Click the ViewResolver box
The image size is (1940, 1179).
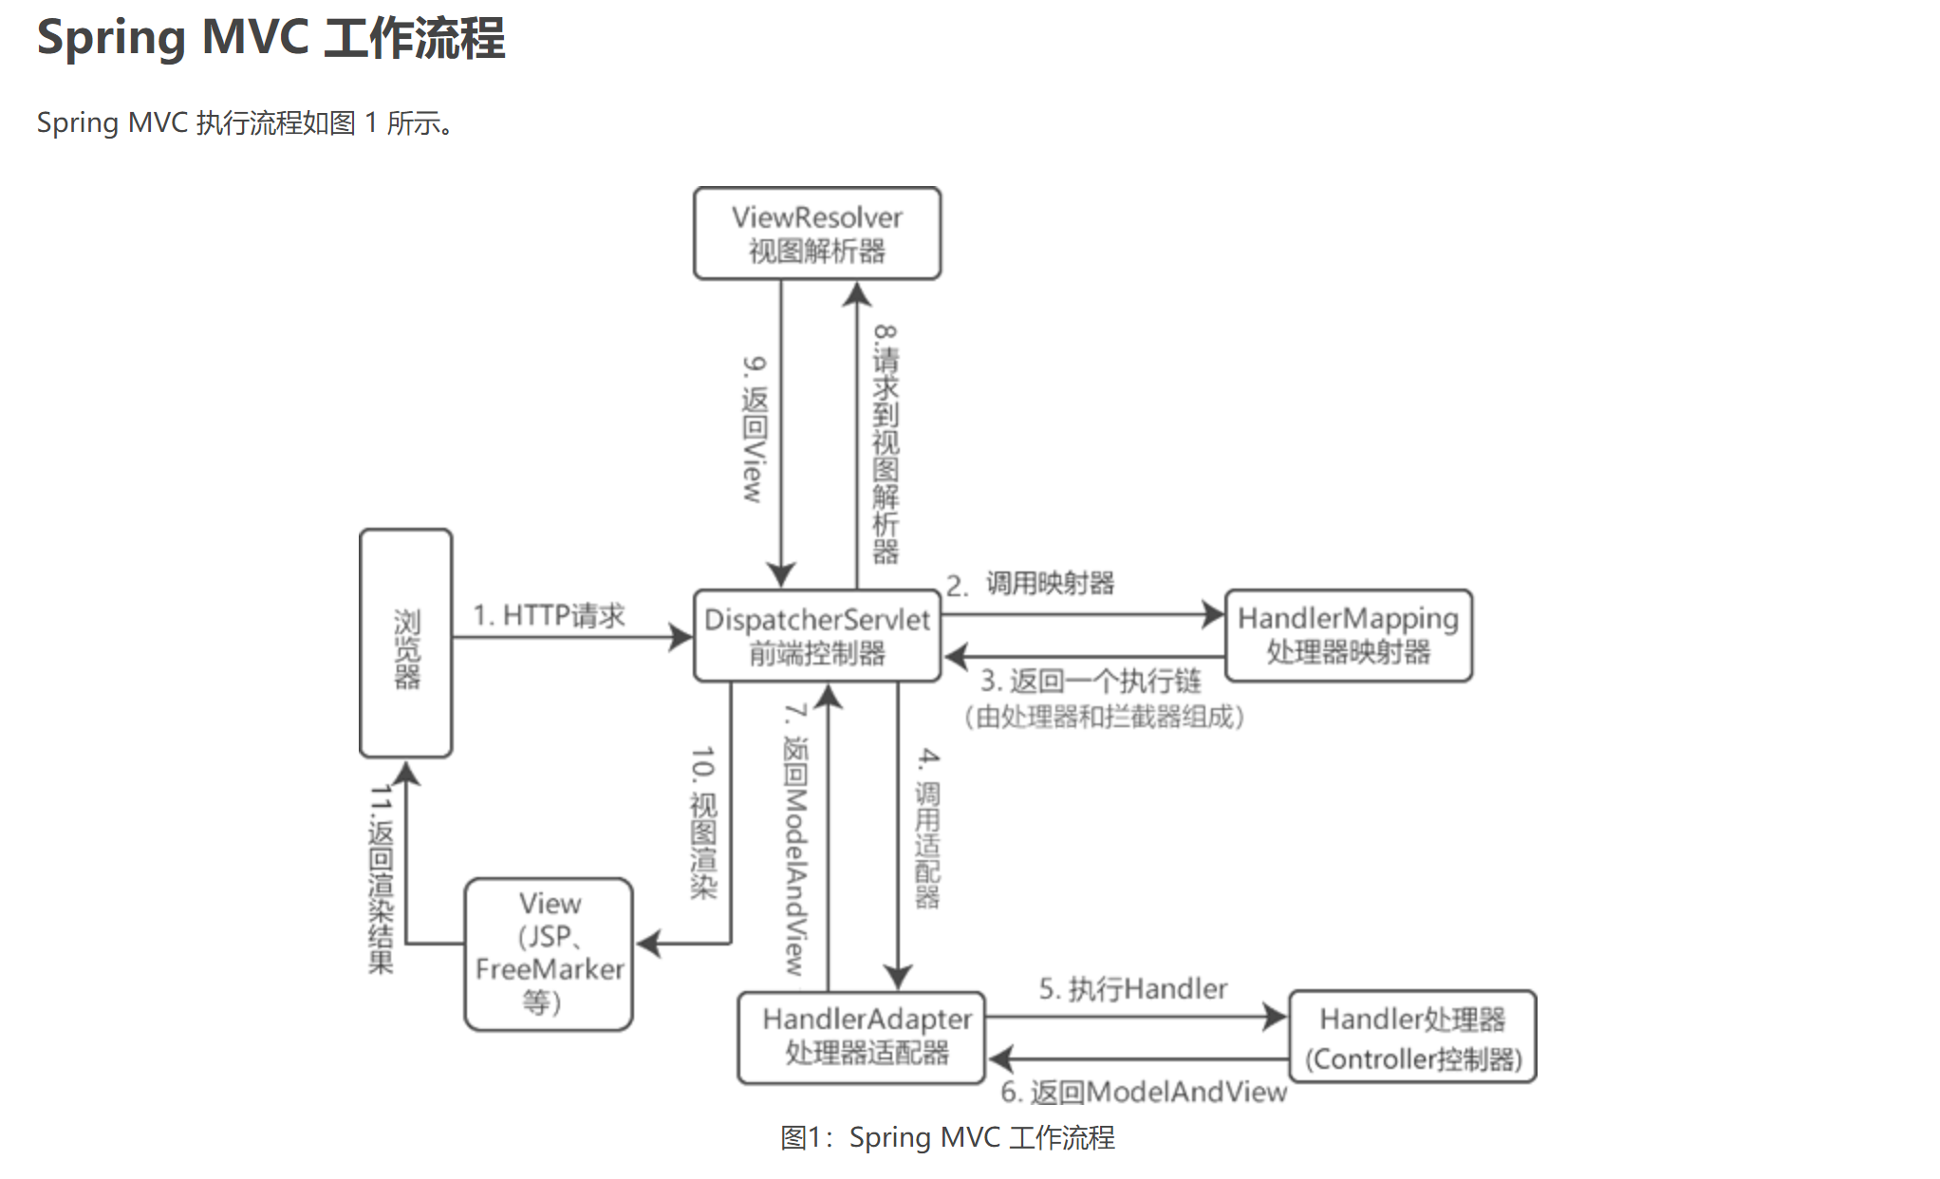point(816,234)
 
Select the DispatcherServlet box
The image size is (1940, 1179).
point(816,635)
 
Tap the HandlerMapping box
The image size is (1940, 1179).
point(1348,635)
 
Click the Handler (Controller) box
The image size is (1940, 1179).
point(1412,1037)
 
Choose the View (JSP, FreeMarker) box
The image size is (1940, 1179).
point(549,953)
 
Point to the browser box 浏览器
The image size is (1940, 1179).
point(406,643)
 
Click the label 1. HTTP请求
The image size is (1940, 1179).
point(550,615)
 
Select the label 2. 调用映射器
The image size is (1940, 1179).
point(1031,584)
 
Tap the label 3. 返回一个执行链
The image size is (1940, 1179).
point(1091,681)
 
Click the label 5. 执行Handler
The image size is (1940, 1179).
point(1132,989)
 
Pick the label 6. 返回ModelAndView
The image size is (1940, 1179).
point(1144,1093)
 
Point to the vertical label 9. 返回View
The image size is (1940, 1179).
point(754,429)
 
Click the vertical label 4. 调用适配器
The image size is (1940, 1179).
point(927,828)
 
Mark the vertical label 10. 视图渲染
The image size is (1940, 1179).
point(703,822)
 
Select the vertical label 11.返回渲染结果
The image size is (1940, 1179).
point(381,879)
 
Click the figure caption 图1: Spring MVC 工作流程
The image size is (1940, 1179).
point(947,1137)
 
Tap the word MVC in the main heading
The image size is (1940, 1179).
point(255,38)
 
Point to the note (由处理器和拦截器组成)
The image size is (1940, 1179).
point(1103,717)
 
